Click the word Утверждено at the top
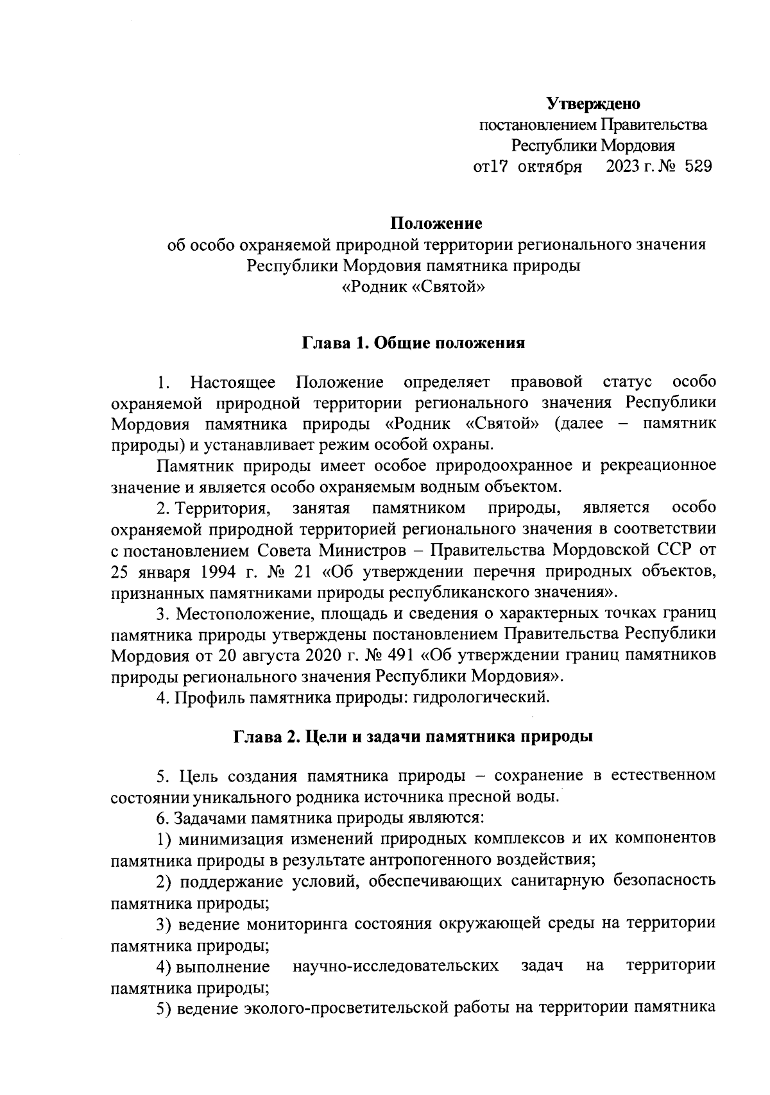coord(594,103)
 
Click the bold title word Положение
coord(436,224)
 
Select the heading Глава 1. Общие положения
coord(414,343)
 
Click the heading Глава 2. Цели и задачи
coord(413,736)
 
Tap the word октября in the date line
coord(550,168)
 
